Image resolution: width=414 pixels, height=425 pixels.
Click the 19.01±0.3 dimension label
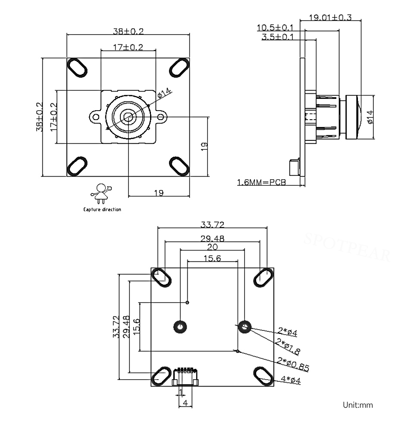pos(330,18)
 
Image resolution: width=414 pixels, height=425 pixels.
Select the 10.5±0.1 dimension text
pos(275,28)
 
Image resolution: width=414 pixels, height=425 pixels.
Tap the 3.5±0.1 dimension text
pos(277,37)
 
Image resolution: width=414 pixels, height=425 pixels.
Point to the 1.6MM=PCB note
pos(261,182)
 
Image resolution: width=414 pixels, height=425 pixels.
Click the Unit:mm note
pos(358,405)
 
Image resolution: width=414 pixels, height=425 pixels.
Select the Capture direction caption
pos(102,209)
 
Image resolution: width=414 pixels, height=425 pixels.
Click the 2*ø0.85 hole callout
pos(293,364)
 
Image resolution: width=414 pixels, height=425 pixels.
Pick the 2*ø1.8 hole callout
pos(288,346)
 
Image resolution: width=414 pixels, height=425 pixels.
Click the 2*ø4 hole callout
pos(288,332)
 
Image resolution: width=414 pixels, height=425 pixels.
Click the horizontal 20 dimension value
pos(212,247)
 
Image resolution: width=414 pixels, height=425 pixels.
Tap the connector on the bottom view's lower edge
pos(185,377)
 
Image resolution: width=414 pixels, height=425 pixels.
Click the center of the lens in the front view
pos(128,117)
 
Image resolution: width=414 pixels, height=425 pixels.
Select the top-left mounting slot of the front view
pos(77,68)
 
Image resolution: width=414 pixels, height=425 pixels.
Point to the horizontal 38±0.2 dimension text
pos(128,31)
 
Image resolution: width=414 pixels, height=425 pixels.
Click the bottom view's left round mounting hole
pos(180,327)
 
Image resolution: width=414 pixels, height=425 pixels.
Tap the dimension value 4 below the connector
pos(185,403)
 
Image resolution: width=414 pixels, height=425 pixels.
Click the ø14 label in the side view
pos(370,117)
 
